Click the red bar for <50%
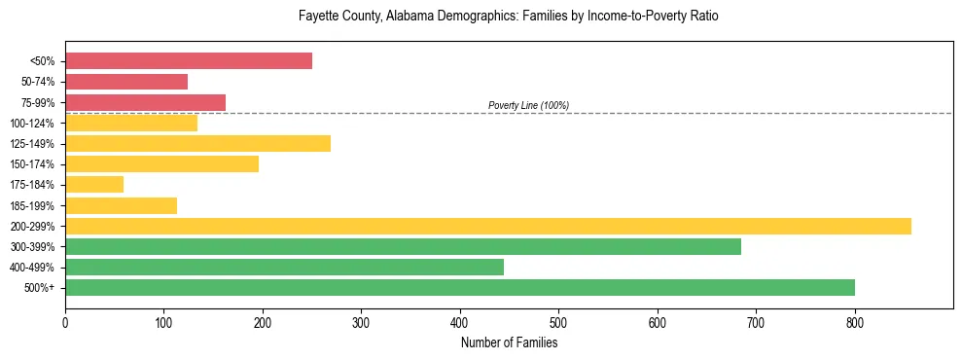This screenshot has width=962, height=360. coord(189,60)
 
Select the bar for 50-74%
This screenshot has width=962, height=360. coord(126,82)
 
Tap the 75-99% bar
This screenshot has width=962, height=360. coord(145,102)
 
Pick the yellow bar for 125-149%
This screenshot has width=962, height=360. coord(197,144)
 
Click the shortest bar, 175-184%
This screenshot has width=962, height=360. coord(94,185)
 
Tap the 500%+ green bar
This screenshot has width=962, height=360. coord(460,288)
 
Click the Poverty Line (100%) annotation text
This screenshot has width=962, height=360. coord(528,105)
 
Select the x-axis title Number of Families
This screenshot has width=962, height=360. coord(509,342)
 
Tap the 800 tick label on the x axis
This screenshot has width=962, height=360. coord(855,321)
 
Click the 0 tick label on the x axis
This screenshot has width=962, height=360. coord(65,321)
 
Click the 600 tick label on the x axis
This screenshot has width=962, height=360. coord(658,321)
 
